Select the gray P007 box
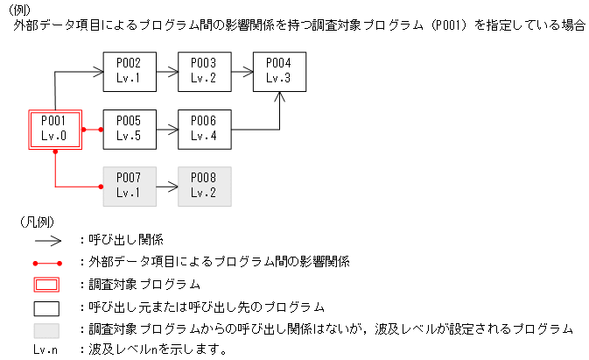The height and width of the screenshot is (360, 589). click(x=129, y=187)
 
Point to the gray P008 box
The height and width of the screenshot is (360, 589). click(x=203, y=187)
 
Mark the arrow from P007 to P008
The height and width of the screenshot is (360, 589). click(x=166, y=187)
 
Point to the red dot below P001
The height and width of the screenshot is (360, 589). click(x=55, y=152)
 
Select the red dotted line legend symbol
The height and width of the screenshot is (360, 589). click(x=46, y=262)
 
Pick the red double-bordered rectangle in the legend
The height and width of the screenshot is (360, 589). click(x=46, y=285)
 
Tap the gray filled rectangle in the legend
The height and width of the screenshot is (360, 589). click(x=46, y=330)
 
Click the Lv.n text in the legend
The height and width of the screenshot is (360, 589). click(x=46, y=350)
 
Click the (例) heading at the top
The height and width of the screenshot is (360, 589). click(x=18, y=9)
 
